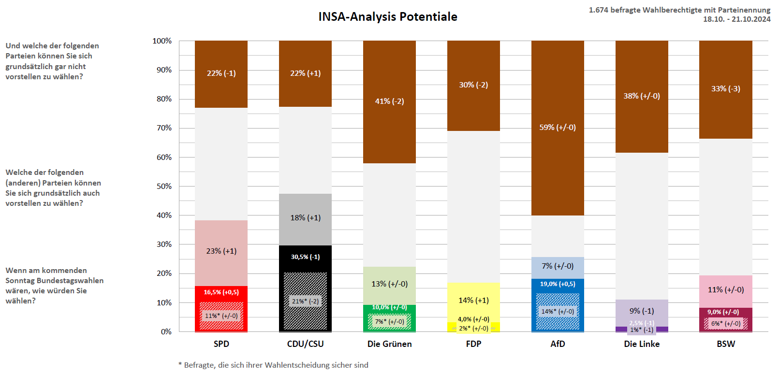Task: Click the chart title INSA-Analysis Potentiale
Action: tap(387, 17)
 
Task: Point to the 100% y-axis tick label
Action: tap(162, 41)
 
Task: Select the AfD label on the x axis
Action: tap(558, 344)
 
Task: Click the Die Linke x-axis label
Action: tap(642, 344)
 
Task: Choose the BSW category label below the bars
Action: tap(725, 344)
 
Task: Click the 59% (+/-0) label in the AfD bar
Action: tap(558, 128)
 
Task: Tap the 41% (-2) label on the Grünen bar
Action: tap(389, 101)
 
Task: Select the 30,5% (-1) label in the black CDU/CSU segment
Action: tap(305, 257)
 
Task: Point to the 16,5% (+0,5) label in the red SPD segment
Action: tap(221, 292)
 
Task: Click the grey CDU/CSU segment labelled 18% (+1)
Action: tap(305, 218)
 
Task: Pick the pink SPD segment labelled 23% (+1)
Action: tap(221, 251)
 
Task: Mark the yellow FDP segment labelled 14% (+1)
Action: tap(473, 301)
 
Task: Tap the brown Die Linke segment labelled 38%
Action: tap(642, 96)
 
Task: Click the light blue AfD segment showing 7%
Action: tap(558, 266)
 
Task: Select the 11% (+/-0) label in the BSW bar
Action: tap(725, 290)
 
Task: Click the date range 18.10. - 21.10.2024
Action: tap(736, 19)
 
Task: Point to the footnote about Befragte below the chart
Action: tap(273, 365)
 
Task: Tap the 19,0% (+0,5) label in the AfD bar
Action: tap(558, 284)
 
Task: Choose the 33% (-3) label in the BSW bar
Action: tap(725, 89)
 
